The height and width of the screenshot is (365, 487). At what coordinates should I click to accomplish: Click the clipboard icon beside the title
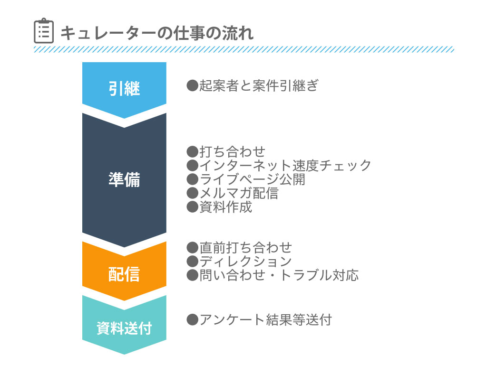click(43, 31)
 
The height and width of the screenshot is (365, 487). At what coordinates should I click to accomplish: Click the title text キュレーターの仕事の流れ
click(157, 33)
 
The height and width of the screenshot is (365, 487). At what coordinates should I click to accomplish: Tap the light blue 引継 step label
click(124, 89)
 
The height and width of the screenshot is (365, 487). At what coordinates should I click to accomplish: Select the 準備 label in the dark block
click(124, 179)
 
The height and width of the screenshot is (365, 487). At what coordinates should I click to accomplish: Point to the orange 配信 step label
click(124, 274)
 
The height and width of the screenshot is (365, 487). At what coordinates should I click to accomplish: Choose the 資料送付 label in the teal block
click(124, 328)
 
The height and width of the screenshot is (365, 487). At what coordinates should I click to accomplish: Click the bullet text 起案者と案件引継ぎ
click(259, 85)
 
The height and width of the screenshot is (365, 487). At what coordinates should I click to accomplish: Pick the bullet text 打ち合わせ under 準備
click(232, 152)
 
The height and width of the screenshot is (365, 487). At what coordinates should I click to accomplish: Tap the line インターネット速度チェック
click(285, 166)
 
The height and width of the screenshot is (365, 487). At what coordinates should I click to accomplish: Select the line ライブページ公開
click(252, 179)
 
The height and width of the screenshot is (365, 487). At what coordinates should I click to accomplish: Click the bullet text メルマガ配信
click(239, 193)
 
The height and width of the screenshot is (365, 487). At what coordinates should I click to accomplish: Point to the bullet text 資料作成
click(225, 206)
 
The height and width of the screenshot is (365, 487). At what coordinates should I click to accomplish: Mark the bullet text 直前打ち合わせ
click(246, 248)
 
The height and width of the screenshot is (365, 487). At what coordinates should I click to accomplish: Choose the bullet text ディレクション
click(245, 261)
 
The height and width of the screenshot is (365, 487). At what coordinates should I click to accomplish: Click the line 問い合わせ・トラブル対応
click(279, 275)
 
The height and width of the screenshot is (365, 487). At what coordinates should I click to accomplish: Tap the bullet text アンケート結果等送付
click(265, 320)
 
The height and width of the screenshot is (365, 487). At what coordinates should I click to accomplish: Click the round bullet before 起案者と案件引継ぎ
click(193, 85)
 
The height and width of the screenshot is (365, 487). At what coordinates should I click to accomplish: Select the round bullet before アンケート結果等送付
click(193, 320)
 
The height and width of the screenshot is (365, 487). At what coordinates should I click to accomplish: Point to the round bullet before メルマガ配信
click(193, 193)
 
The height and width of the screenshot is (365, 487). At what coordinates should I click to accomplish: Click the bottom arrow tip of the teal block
click(124, 354)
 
